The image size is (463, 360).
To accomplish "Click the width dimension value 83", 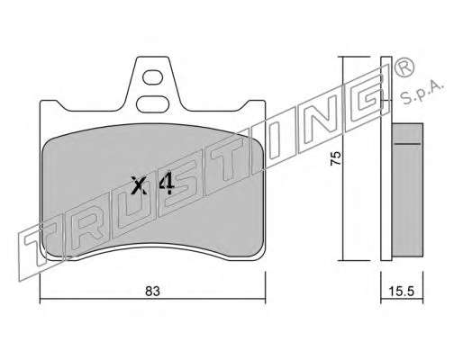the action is (x=152, y=292).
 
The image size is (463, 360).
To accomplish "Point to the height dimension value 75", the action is (x=335, y=157).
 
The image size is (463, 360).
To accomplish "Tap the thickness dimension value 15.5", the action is (x=402, y=291).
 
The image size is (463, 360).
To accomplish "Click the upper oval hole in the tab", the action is (x=153, y=77).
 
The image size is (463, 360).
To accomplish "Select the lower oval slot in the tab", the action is (x=152, y=103).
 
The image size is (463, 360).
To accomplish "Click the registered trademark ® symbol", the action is (x=404, y=67).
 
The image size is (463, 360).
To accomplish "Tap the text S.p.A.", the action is (x=422, y=92).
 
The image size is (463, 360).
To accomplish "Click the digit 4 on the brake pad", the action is (x=167, y=184).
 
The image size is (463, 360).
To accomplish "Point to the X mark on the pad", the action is (x=140, y=185).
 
